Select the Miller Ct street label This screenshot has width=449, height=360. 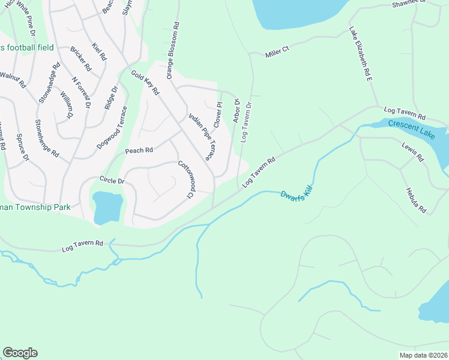pos(277,52)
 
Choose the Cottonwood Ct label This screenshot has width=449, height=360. pos(187,179)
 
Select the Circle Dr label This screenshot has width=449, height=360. pos(112,180)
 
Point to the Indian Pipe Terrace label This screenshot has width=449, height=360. pos(201,137)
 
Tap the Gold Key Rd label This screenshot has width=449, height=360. pos(145,83)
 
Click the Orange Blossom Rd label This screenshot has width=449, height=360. pos(173,51)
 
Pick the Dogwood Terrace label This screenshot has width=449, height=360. pos(112,128)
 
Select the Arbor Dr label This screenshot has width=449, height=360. pos(236,110)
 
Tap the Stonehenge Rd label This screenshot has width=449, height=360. pos(47,138)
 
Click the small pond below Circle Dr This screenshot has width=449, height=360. pos(107,207)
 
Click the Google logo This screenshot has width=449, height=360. pos(20,353)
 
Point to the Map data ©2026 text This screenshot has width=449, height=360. pos(424,355)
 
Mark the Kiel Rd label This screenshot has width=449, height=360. pos(99,52)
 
